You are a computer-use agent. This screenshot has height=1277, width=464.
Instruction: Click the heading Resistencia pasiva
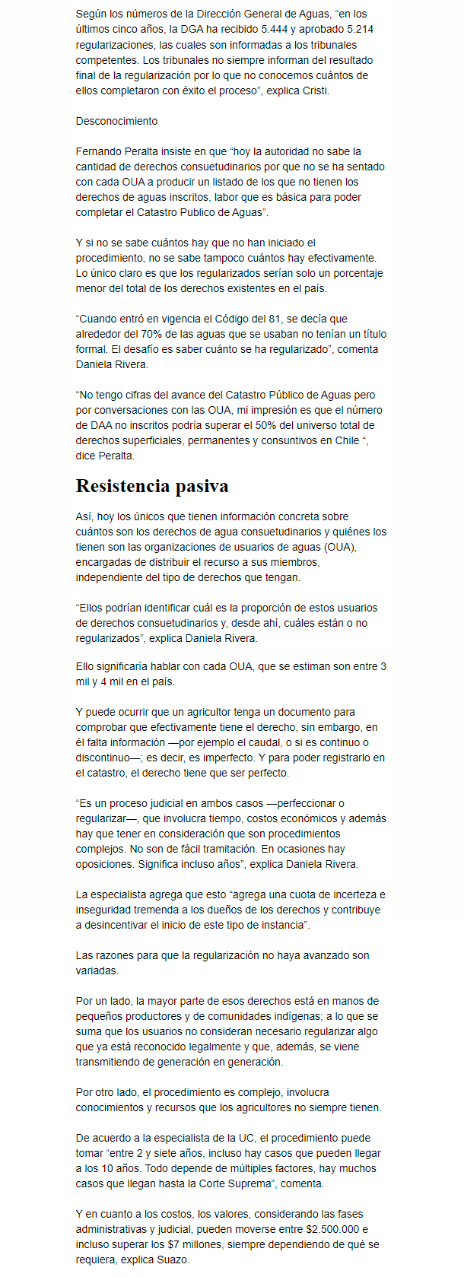(152, 486)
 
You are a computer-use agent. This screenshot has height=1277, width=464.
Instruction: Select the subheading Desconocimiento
(116, 121)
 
